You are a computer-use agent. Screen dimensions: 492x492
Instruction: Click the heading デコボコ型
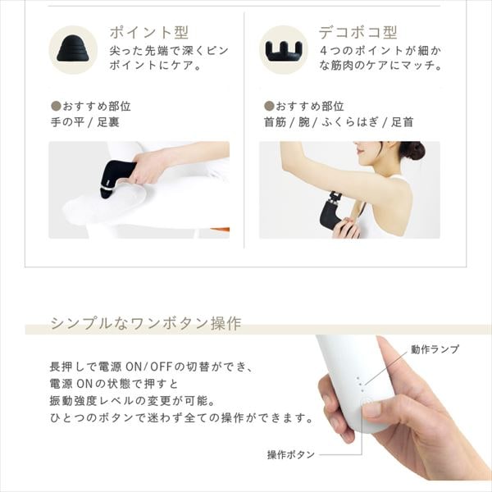click(x=358, y=33)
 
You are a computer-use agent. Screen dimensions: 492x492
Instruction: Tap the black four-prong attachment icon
click(x=284, y=50)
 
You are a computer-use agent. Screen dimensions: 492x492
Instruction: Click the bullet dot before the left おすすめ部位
click(x=56, y=107)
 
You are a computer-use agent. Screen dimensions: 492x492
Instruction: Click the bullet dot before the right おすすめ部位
click(x=268, y=107)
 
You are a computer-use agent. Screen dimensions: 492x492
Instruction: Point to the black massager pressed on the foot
click(x=116, y=175)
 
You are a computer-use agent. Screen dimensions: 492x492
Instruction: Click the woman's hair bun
click(x=412, y=150)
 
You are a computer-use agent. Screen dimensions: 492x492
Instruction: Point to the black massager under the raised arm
click(x=333, y=212)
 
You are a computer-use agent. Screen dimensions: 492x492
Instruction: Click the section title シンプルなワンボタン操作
click(x=145, y=323)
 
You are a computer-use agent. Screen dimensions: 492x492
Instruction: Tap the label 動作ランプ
click(x=435, y=349)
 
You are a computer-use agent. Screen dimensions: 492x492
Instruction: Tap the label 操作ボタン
click(x=289, y=455)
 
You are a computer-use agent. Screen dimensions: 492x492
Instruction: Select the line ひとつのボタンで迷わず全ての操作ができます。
click(x=181, y=417)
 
